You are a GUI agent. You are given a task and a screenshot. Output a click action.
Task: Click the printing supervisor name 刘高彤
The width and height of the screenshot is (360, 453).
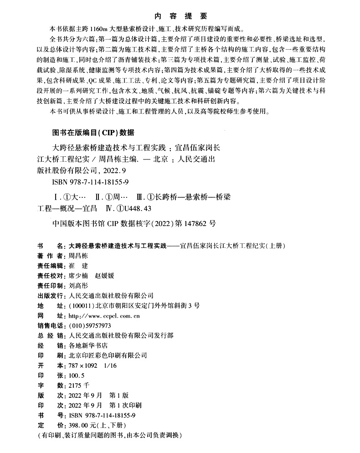click(x=78, y=285)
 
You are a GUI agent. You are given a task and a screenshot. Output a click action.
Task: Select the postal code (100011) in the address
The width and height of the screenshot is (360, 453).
click(x=81, y=305)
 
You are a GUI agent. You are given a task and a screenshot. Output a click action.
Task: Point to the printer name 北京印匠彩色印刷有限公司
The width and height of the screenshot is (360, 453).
click(x=107, y=355)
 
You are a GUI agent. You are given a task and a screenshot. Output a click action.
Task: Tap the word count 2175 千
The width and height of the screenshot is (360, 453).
click(x=78, y=385)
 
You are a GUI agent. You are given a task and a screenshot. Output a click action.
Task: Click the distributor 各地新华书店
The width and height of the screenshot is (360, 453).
click(x=87, y=345)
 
